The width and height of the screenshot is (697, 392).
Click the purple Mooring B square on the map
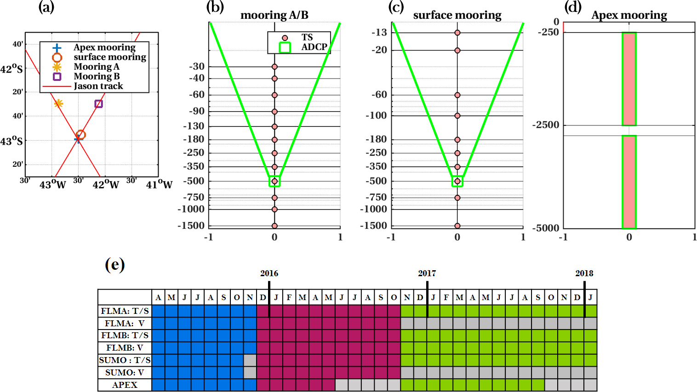tap(98, 104)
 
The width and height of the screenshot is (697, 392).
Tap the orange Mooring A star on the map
tap(58, 103)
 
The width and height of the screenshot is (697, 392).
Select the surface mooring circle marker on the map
tap(80, 135)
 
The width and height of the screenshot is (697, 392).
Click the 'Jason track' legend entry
tap(98, 86)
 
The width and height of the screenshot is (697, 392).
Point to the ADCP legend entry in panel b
tap(314, 47)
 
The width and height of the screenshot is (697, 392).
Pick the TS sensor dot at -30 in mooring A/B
tap(274, 67)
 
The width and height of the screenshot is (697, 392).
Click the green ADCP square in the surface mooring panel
tap(457, 181)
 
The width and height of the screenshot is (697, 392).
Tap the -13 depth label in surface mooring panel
tap(379, 33)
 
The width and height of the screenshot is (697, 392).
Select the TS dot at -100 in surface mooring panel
tap(457, 116)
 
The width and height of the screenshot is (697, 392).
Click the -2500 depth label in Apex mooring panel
tap(546, 125)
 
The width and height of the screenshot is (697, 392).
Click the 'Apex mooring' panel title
tap(629, 15)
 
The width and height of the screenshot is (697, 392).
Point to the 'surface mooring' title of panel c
tap(457, 15)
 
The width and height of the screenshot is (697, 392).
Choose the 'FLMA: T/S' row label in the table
tap(125, 311)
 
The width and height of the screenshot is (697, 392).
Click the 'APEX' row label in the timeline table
tap(125, 385)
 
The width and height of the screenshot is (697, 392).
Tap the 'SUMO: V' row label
tap(125, 373)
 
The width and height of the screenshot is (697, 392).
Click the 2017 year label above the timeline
tap(427, 273)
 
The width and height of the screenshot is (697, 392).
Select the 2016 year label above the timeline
tap(269, 273)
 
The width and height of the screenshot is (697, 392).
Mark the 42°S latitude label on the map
tap(11, 69)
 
